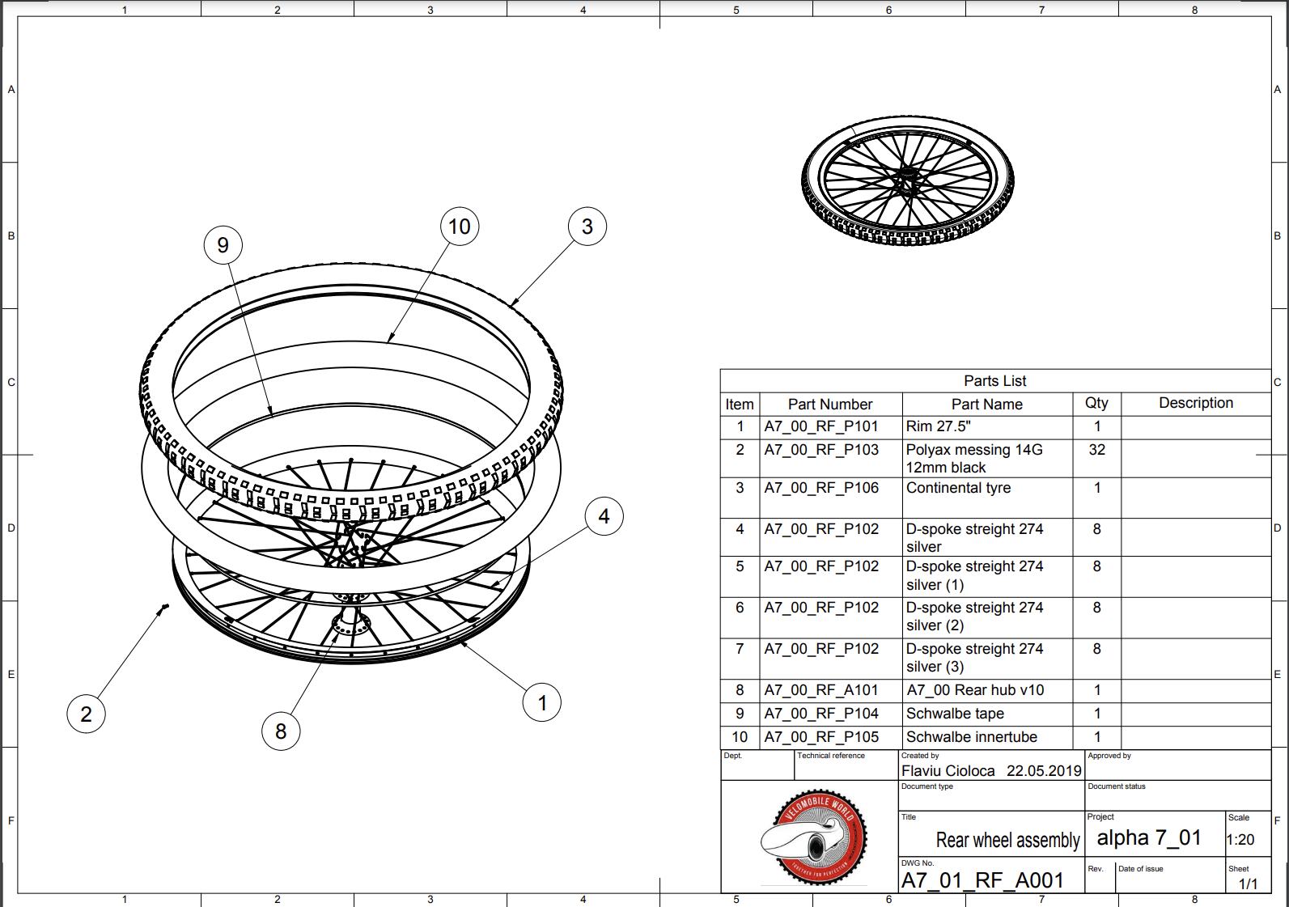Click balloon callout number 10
[x=460, y=227]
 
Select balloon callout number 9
[x=223, y=245]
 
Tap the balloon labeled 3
[x=587, y=227]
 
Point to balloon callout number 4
[x=604, y=516]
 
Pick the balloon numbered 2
[x=86, y=714]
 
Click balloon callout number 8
[x=280, y=731]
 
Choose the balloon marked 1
[x=541, y=702]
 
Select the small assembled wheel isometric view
[x=908, y=181]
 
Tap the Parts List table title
[x=995, y=381]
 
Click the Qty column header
[x=1096, y=403]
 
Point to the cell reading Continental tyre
[x=958, y=488]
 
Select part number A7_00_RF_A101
[x=821, y=690]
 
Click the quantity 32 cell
[x=1096, y=450]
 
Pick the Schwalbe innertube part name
[x=971, y=737]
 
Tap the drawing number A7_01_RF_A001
[x=982, y=880]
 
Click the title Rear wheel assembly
[x=1007, y=840]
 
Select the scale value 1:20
[x=1240, y=840]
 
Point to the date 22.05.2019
[x=1044, y=771]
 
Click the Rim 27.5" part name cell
[x=938, y=426]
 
